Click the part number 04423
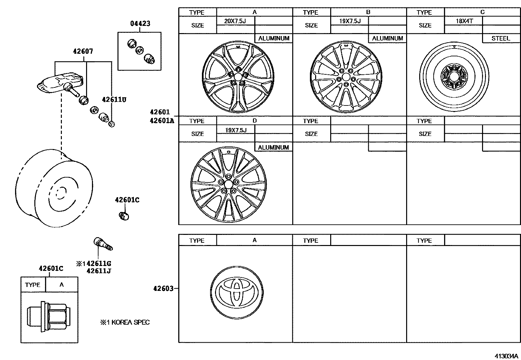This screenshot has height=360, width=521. coord(140,23)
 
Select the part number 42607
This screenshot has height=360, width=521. coord(83,51)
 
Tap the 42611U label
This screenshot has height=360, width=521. coord(114,100)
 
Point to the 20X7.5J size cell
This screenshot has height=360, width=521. coord(235,21)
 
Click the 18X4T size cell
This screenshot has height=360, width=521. coord(464,21)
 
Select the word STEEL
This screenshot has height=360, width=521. coord(501,38)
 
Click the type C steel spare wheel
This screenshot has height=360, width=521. coord(454,76)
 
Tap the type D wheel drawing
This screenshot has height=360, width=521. coord(228,184)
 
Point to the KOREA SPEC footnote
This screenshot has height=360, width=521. coord(125,322)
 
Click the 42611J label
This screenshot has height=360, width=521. coord(99,271)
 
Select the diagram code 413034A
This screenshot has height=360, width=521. coord(506,356)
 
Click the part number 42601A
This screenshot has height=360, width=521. coord(162,121)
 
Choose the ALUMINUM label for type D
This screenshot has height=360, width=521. coord(274,147)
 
